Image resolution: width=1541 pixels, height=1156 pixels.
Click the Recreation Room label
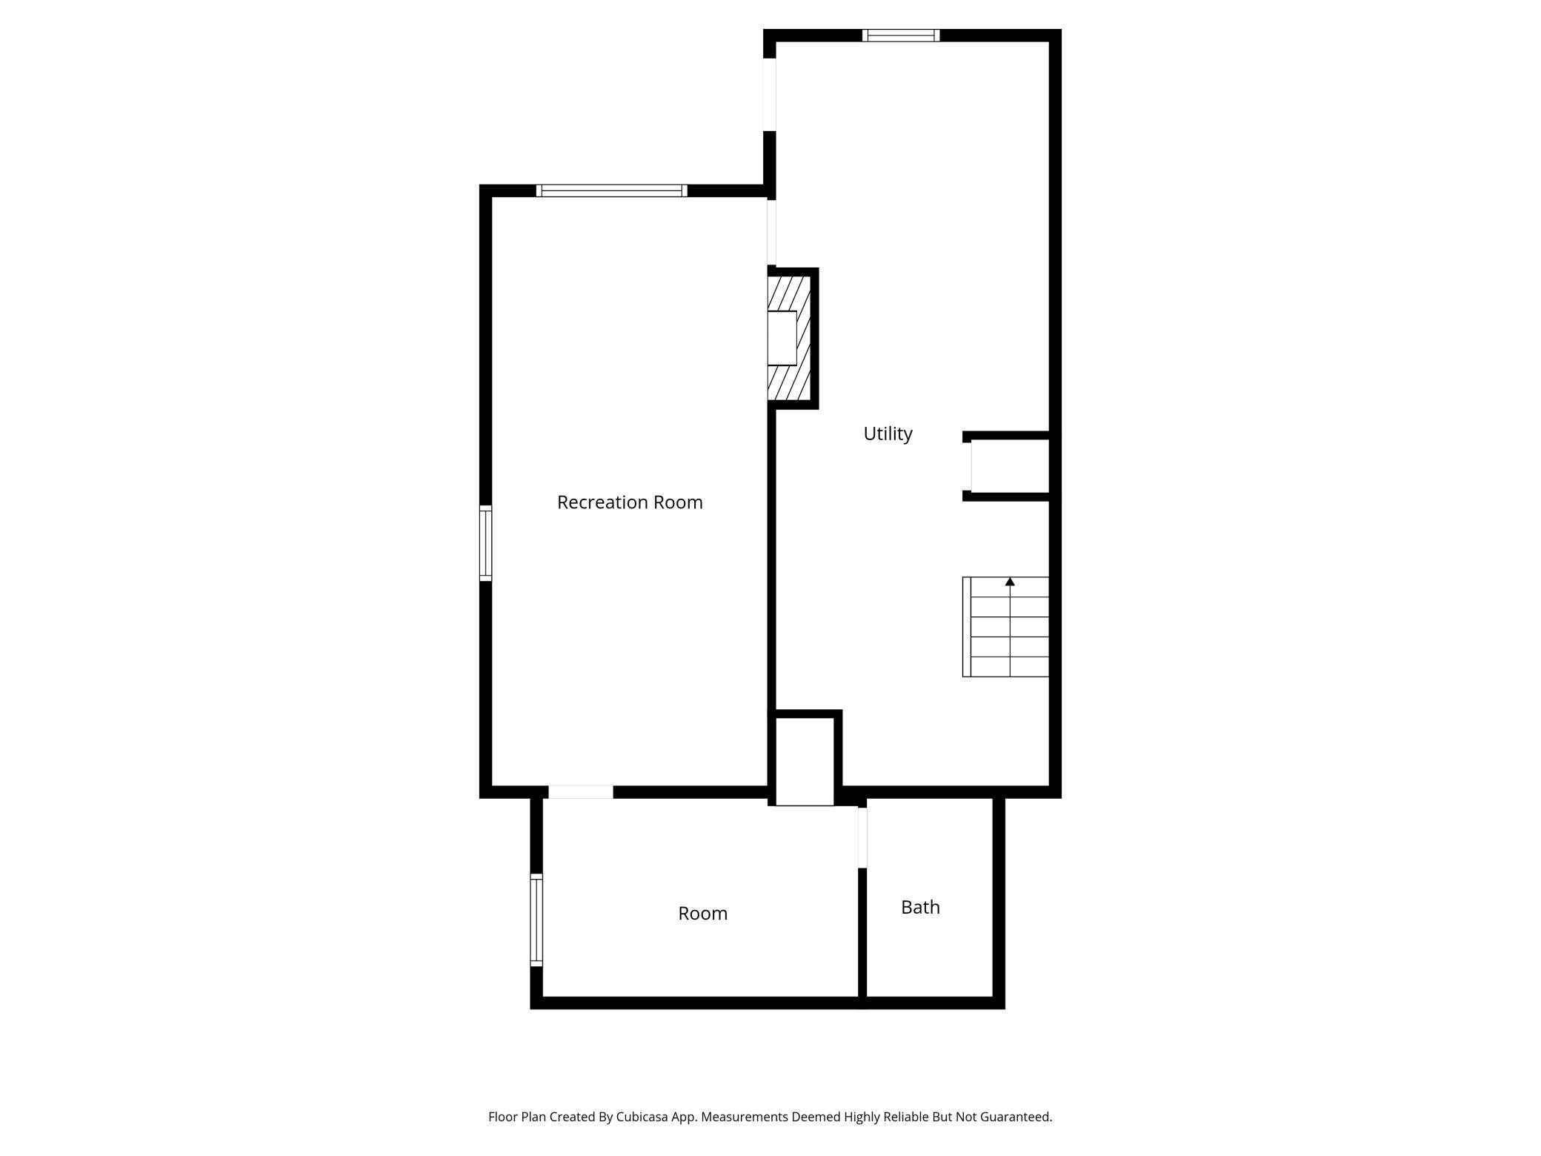[630, 502]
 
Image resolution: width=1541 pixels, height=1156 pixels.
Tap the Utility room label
[888, 433]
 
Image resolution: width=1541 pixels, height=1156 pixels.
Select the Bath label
[920, 907]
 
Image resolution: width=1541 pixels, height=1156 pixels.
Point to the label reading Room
[702, 913]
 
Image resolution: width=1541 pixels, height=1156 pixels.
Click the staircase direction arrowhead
[1010, 582]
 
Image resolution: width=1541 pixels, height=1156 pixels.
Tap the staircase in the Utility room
[1006, 627]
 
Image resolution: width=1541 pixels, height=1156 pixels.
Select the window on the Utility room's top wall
[901, 36]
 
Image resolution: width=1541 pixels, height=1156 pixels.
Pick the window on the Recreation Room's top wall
[611, 190]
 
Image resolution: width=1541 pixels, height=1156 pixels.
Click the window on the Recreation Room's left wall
[486, 542]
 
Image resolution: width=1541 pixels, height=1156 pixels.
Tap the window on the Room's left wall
[536, 919]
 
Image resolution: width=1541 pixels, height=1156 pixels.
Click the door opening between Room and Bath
[862, 837]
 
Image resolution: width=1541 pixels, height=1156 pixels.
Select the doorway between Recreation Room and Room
[581, 792]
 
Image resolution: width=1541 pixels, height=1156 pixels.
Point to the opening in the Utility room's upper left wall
[770, 95]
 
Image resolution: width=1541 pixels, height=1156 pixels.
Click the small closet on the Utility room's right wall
[1009, 466]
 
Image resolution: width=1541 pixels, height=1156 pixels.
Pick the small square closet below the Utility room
[805, 760]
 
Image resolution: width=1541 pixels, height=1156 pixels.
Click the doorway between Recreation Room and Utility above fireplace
[771, 231]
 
